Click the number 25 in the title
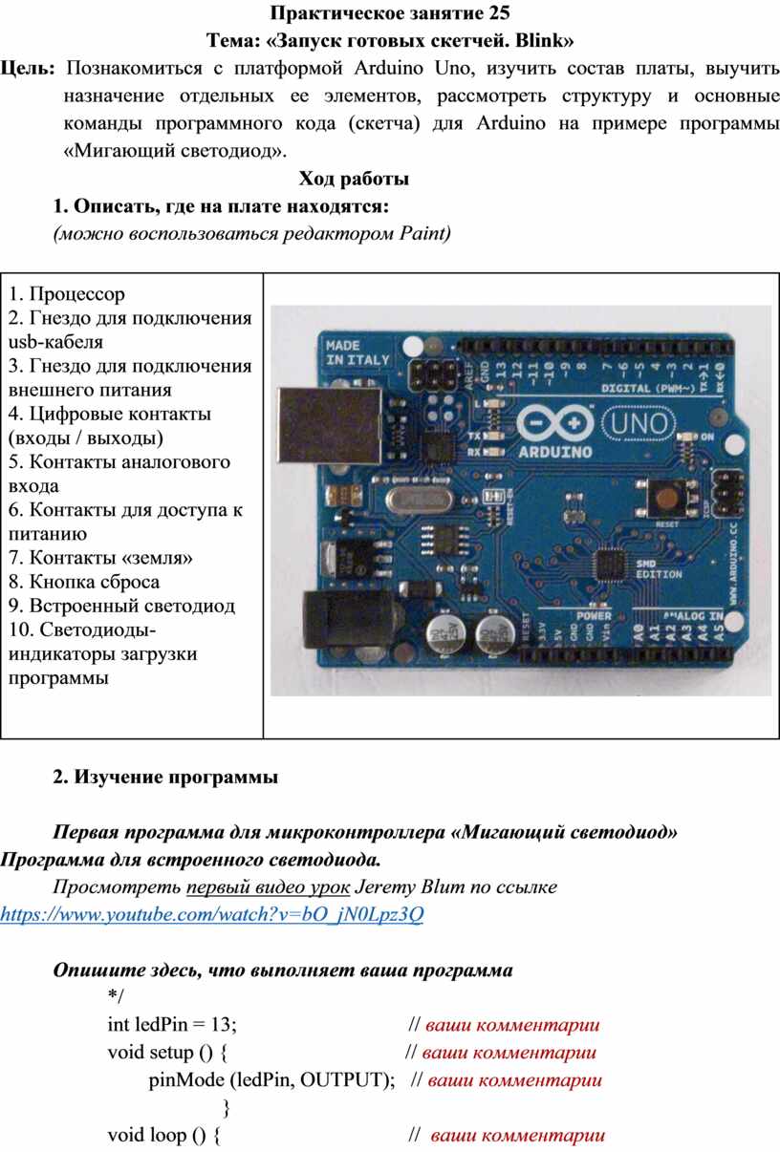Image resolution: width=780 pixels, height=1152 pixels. click(x=499, y=12)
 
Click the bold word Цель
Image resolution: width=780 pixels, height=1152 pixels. click(x=28, y=69)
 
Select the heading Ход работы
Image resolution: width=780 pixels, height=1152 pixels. click(x=354, y=179)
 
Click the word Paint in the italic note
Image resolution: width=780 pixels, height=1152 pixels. click(x=425, y=233)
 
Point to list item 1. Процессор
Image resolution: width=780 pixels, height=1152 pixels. click(x=66, y=294)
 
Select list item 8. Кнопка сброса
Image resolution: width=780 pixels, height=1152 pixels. click(x=84, y=582)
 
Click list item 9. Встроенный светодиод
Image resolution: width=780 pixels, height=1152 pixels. click(x=121, y=606)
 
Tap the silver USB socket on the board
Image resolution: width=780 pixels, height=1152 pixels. click(x=329, y=425)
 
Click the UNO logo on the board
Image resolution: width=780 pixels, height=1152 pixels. click(x=640, y=423)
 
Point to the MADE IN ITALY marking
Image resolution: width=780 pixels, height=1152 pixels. click(x=357, y=352)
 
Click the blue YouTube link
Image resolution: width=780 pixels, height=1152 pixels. click(x=212, y=914)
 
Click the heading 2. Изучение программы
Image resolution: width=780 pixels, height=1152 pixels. click(x=165, y=778)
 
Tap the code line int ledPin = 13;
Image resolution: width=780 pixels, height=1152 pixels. click(x=172, y=1024)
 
